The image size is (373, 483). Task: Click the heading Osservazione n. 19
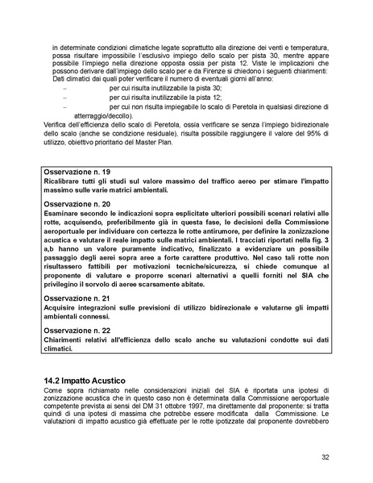[x=77, y=173]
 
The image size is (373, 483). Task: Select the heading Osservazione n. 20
[x=77, y=204]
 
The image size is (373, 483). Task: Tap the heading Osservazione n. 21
[x=77, y=298]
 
